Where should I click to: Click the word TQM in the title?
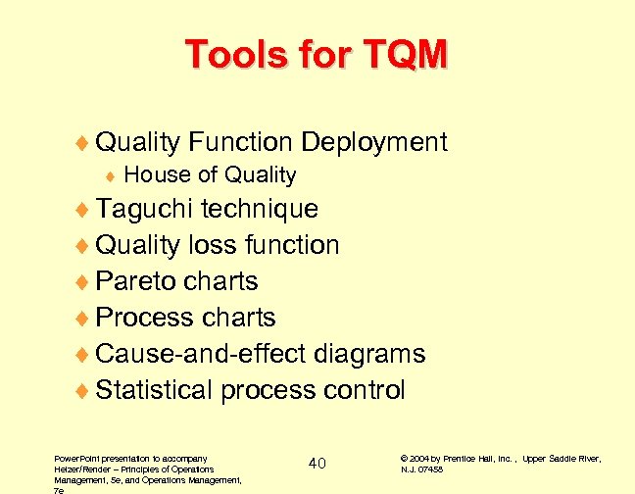point(403,54)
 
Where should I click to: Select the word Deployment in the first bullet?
point(374,143)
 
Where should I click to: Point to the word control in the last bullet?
point(363,390)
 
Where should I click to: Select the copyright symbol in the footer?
point(406,458)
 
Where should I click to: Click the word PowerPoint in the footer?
point(75,458)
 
